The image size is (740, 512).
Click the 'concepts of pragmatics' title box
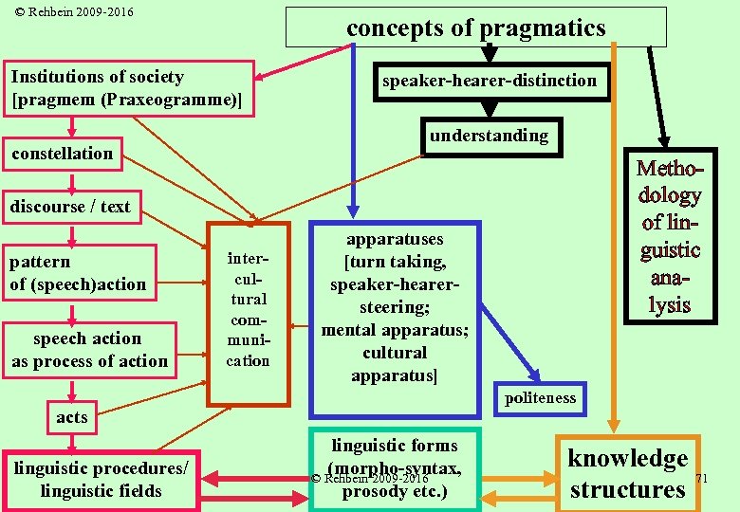point(475,28)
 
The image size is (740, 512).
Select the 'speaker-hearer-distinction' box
point(489,82)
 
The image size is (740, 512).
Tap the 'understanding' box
point(488,137)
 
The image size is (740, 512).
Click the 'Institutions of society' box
point(131,89)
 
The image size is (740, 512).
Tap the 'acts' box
point(71,417)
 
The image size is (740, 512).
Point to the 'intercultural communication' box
point(248,313)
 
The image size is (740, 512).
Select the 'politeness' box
point(540,398)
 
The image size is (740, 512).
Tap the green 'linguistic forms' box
point(395,469)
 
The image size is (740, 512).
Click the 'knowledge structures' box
point(627,474)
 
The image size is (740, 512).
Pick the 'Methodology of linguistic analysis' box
point(669,237)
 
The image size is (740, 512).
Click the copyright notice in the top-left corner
point(67,12)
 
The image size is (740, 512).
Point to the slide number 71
point(703,479)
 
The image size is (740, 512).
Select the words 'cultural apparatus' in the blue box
point(395,364)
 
